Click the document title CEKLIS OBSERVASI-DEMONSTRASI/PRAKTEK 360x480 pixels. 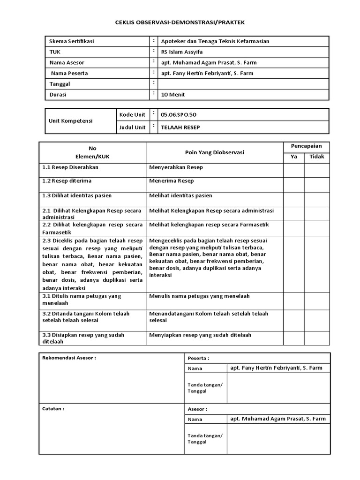click(180, 22)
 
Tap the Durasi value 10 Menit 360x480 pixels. click(173, 94)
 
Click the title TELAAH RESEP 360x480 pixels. click(176, 127)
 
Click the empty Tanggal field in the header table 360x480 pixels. click(244, 84)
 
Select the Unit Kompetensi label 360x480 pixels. click(71, 120)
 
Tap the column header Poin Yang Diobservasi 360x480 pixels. click(215, 152)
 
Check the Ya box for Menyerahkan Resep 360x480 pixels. click(294, 170)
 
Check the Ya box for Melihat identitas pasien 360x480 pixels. click(294, 199)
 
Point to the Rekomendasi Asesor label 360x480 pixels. click(69, 358)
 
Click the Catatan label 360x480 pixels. click(53, 408)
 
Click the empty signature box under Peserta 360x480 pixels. click(278, 388)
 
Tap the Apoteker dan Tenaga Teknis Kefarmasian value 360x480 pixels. click(215, 41)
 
